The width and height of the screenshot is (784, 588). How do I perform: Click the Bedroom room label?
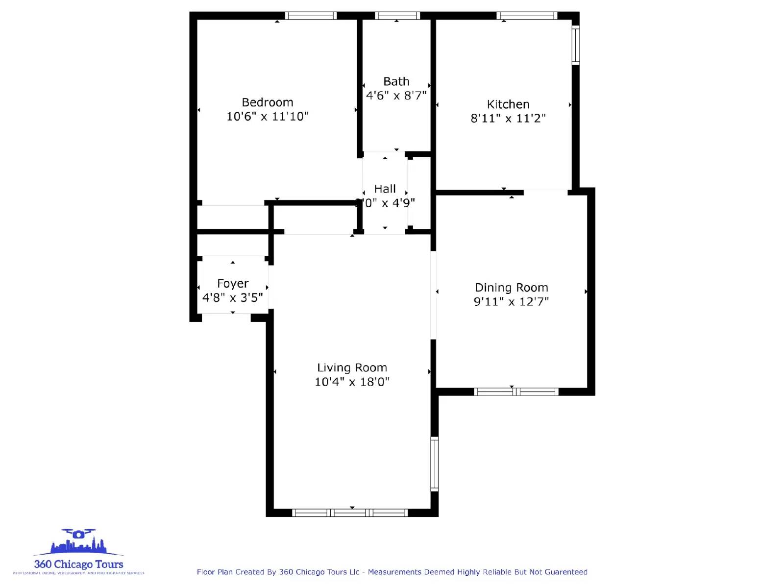coord(268,102)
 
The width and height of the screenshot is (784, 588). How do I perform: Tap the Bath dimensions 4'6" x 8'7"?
coord(396,96)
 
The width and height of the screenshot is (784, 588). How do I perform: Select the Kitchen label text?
coord(508,104)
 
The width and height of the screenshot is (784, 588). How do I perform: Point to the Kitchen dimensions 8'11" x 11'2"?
coord(508,118)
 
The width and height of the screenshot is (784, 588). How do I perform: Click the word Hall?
coord(385,189)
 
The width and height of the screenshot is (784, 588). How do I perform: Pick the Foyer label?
coord(233,284)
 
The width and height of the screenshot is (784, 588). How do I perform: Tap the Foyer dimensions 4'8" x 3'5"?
coord(233,297)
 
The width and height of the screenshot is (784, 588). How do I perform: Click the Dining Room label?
coord(512,288)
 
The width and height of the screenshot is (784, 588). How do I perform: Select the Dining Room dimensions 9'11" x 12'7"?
coord(512,301)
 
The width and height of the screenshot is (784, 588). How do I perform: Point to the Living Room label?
coord(352,367)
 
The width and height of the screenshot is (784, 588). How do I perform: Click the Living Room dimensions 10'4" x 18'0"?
coord(352,382)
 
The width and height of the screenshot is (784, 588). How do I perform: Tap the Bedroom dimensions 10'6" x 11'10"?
coord(268,116)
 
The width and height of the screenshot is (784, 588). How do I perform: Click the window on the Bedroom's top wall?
coord(311,16)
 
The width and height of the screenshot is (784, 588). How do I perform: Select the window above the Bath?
coord(397,16)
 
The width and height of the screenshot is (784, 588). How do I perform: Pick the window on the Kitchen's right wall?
coord(576,45)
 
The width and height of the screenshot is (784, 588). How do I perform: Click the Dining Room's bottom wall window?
coord(516,392)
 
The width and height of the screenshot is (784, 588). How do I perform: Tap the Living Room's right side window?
coord(435,464)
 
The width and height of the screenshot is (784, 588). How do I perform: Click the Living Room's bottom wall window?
coord(350,513)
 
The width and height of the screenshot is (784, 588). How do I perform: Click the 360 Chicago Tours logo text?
coord(78,564)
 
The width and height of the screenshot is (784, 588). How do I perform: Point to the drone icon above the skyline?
coord(78,534)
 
